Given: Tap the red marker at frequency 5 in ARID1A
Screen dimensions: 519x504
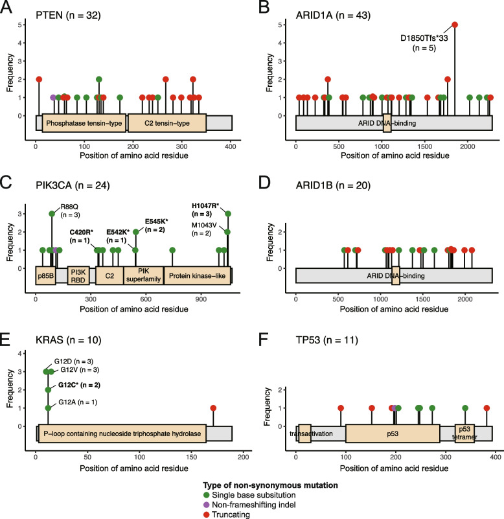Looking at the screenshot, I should tap(455, 25).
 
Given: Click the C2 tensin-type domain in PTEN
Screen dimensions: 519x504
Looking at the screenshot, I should tap(167, 123).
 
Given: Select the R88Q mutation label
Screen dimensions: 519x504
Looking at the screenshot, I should tap(69, 207).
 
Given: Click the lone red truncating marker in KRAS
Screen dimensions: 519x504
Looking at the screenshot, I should tap(214, 408).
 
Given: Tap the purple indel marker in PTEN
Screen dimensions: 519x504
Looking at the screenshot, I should tap(53, 97).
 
